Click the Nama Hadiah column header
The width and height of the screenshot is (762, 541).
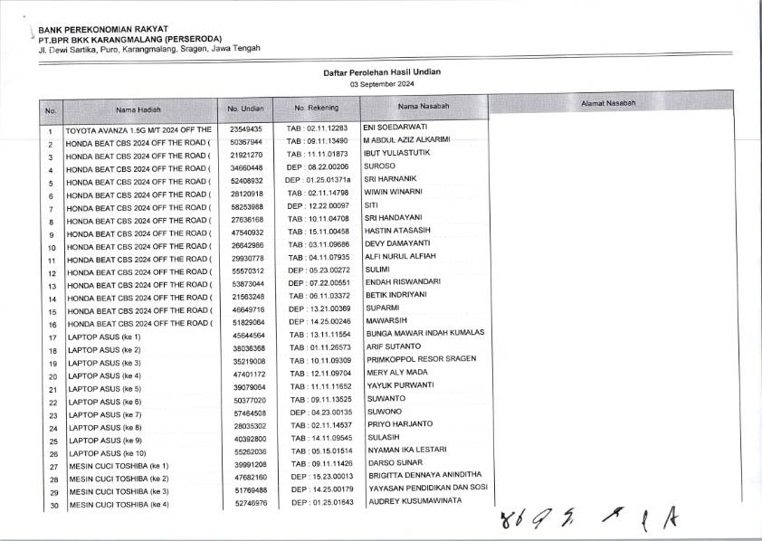pyautogui.click(x=138, y=109)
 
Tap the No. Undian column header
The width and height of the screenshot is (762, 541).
pyautogui.click(x=245, y=109)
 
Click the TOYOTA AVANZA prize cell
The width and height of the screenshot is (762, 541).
pyautogui.click(x=139, y=130)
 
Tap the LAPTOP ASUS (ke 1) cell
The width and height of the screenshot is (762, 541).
pyautogui.click(x=104, y=337)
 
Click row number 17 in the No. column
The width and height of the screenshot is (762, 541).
pyautogui.click(x=52, y=337)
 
